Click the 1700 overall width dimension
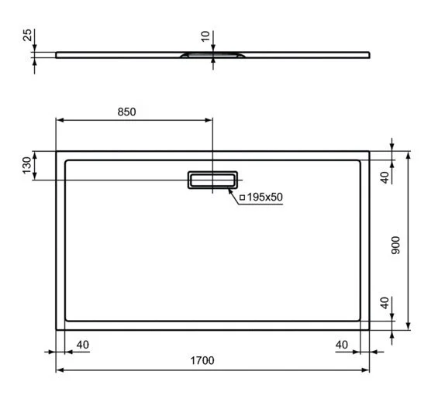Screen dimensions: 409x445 pos(202,360)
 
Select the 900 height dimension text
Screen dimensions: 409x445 pos(396,247)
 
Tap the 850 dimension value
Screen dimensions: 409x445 pos(126,112)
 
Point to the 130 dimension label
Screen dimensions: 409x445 pos(27,165)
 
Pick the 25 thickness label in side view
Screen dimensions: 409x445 pos(27,36)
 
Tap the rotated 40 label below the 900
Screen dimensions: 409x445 pos(384,302)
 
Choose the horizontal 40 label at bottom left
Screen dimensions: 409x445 pos(83,343)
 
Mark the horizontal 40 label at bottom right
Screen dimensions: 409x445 pos(340,343)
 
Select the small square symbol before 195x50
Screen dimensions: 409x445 pos(242,198)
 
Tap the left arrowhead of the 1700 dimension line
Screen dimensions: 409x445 pos(60,370)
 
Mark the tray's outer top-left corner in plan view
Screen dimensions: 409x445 pos(57,152)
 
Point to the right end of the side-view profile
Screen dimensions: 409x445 pos(369,54)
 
